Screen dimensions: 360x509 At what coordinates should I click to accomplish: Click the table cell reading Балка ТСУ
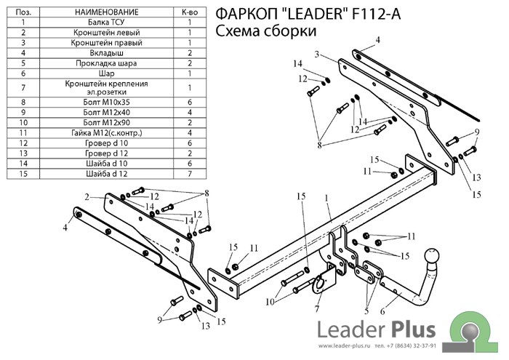pos(106,23)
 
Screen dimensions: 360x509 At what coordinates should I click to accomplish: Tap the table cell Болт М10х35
pos(106,103)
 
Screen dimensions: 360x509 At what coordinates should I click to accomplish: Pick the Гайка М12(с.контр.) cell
pos(106,133)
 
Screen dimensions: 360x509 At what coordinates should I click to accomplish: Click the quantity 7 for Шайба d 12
pos(189,174)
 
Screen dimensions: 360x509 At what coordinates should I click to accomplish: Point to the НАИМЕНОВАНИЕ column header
pos(106,13)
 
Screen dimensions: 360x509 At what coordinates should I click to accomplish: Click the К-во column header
pos(189,13)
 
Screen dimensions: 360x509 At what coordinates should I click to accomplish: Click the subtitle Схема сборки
pos(265,31)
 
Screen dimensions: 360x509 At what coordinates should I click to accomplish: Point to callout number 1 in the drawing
pos(327,198)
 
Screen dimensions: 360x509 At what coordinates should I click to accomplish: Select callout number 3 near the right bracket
pos(317,55)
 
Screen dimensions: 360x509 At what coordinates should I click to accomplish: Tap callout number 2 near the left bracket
pos(87,197)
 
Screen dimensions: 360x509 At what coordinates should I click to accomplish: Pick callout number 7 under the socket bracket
pos(316,309)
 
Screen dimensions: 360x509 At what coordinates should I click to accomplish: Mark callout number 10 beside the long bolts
pos(270,302)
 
